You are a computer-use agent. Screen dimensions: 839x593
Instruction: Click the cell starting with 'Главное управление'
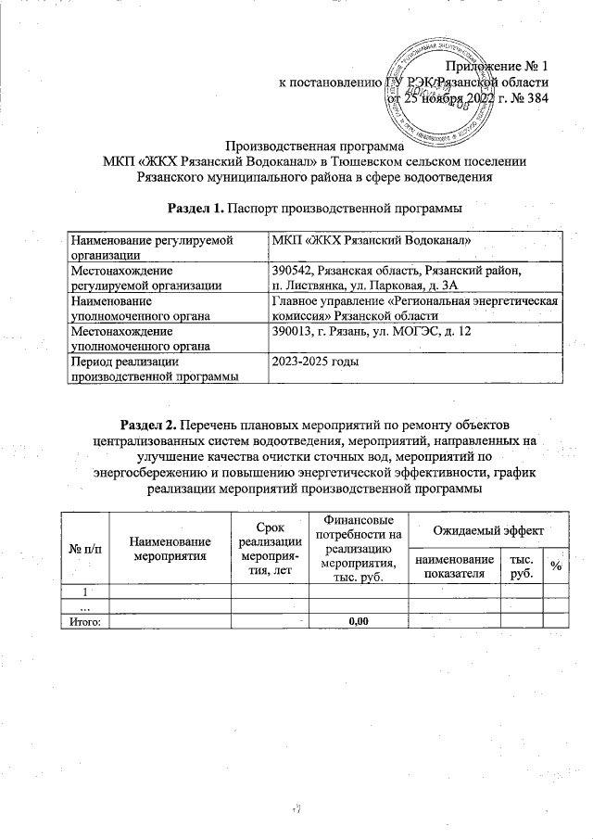pyautogui.click(x=415, y=308)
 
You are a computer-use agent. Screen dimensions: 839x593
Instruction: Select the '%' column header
pyautogui.click(x=554, y=566)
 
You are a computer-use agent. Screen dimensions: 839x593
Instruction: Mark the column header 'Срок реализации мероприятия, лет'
pyautogui.click(x=269, y=547)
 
